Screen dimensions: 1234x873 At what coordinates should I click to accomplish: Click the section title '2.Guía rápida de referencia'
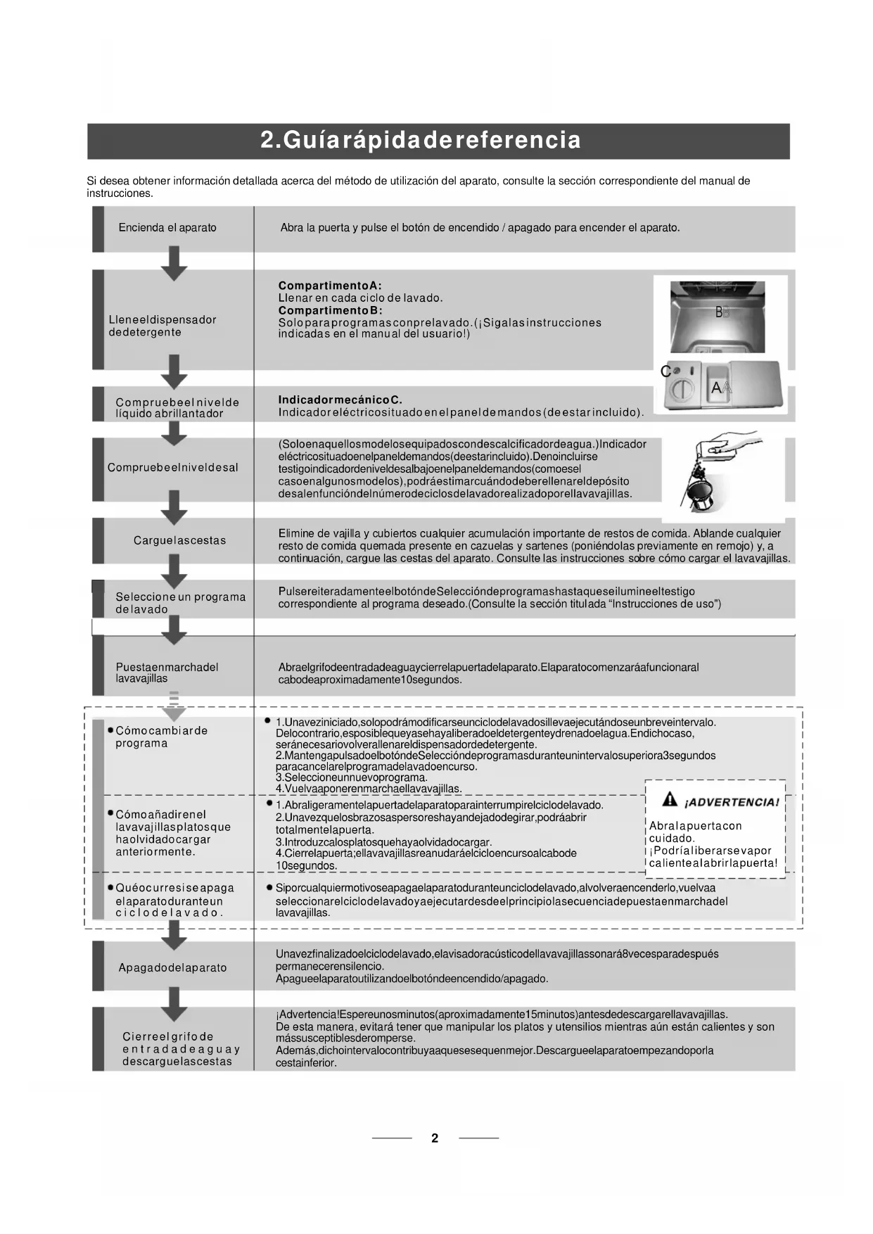point(421,140)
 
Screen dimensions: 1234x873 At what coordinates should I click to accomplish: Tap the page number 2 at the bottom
point(435,1138)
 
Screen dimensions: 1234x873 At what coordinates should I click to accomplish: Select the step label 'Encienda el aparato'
point(167,228)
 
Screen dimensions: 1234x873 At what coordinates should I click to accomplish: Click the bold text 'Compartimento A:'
point(330,286)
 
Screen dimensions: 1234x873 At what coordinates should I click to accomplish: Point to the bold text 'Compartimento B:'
point(330,310)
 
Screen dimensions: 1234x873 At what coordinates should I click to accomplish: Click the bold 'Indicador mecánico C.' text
point(340,400)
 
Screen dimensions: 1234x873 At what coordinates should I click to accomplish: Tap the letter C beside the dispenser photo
point(665,371)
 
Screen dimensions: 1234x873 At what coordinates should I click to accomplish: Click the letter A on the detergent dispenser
point(717,387)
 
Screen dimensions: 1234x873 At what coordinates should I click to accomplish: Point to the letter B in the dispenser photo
point(719,312)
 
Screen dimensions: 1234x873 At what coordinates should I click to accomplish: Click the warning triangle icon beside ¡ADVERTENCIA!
point(670,800)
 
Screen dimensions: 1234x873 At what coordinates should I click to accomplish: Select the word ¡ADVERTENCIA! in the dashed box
point(732,803)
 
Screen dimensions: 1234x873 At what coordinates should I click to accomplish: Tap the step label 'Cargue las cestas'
point(180,540)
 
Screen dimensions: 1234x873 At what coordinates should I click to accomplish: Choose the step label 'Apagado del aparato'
point(173,967)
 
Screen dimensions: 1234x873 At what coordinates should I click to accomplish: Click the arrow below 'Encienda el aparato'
point(174,263)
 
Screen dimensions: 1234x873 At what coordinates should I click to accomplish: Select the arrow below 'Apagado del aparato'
point(174,1003)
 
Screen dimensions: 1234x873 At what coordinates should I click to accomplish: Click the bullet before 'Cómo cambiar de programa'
point(110,730)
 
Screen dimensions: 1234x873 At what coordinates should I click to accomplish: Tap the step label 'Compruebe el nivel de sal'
point(173,467)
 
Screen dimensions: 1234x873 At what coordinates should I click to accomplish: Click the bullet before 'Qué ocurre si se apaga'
point(110,888)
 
